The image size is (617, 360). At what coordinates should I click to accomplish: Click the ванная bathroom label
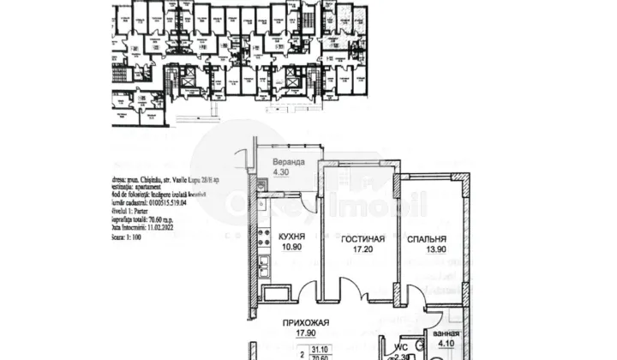coord(445,333)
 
